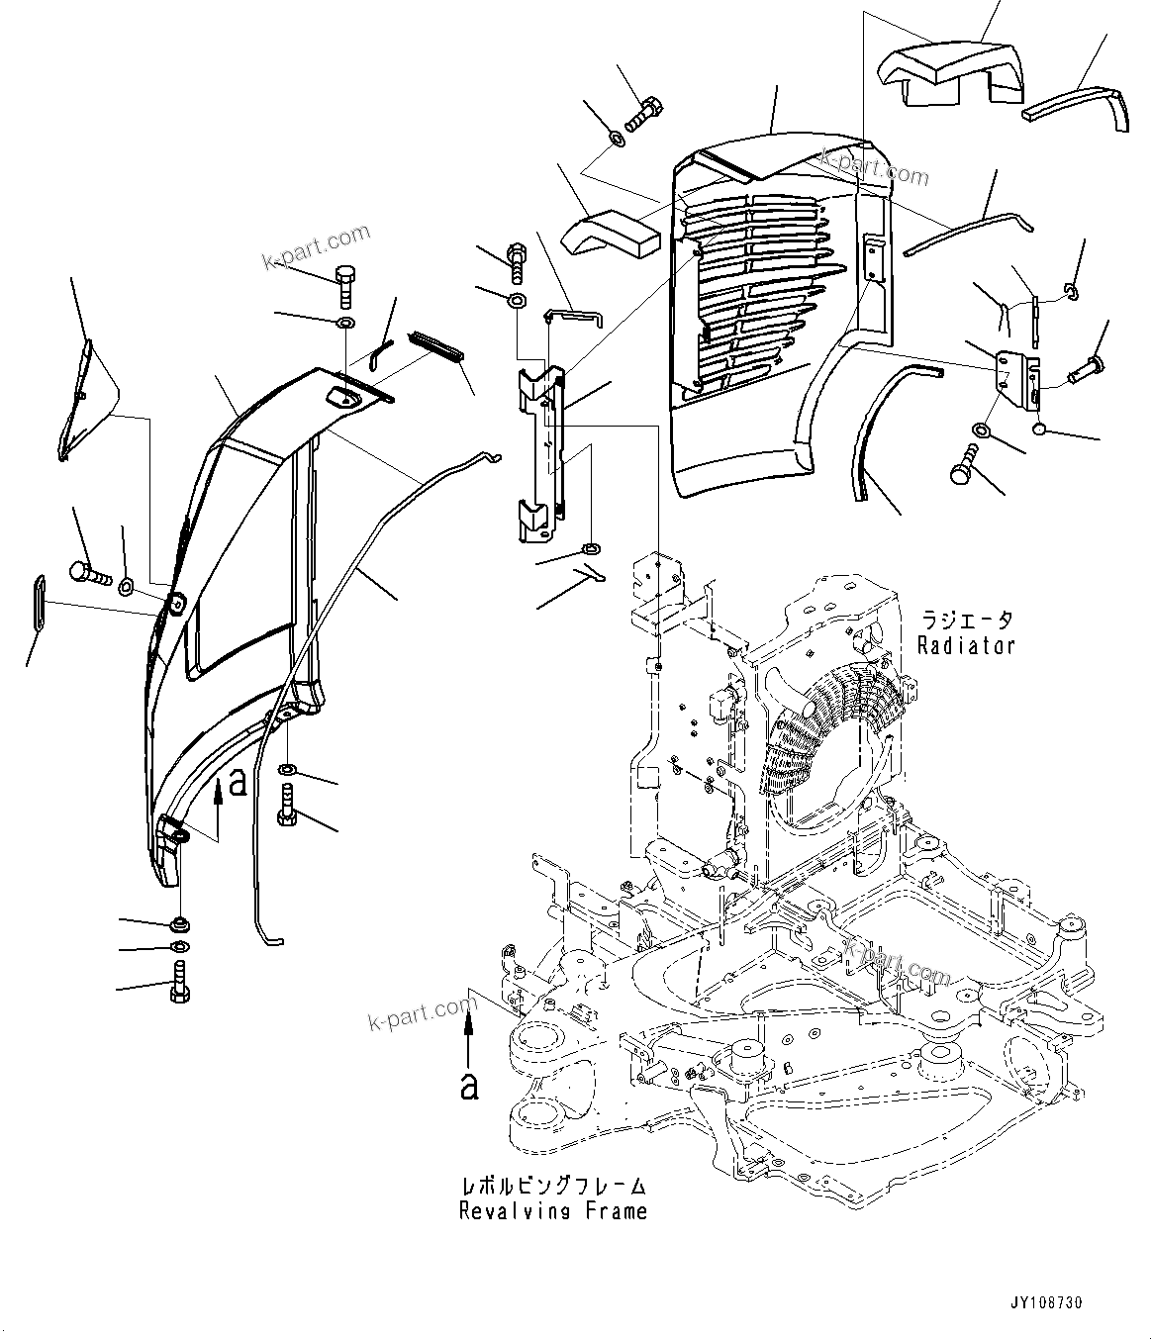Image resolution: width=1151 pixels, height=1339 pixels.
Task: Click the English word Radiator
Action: [965, 646]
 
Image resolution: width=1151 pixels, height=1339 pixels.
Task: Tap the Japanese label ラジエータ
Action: [966, 622]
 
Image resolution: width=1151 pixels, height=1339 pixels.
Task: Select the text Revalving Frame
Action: [553, 1211]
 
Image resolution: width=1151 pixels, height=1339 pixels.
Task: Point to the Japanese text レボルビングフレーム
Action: [553, 1186]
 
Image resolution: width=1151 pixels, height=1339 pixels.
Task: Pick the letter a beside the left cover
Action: [237, 782]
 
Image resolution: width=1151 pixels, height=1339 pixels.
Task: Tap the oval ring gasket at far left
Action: [39, 601]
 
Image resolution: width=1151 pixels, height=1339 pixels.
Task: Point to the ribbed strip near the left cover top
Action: [437, 345]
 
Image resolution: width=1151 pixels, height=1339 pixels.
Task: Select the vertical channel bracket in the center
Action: [539, 455]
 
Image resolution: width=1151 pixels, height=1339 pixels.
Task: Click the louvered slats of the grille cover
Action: [757, 287]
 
